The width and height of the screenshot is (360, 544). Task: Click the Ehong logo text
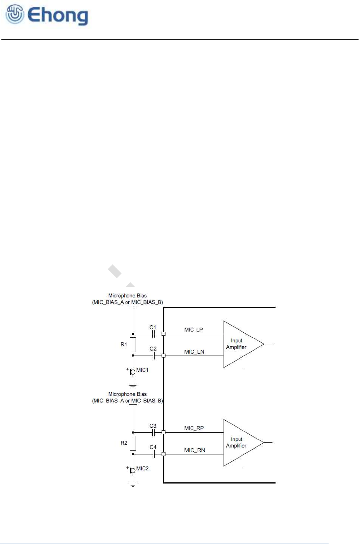tap(58, 16)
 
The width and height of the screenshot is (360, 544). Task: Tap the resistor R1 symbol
tap(133, 344)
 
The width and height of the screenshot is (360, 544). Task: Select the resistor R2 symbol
tap(133, 443)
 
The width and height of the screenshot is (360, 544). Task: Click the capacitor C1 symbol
tap(153, 333)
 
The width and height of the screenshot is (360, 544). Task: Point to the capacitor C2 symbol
tap(153, 355)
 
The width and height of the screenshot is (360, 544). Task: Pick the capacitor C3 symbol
tap(153, 432)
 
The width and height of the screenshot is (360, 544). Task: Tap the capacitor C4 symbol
tap(153, 454)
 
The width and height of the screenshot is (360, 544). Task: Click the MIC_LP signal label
tap(193, 330)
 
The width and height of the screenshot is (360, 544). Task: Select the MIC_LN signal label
tap(194, 352)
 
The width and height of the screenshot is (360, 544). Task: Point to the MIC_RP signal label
tap(194, 428)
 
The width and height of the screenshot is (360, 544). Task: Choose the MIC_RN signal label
tap(195, 450)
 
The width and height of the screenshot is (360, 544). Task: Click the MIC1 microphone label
tap(142, 370)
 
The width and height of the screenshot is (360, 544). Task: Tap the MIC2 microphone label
tap(142, 468)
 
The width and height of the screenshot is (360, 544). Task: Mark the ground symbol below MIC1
tap(133, 386)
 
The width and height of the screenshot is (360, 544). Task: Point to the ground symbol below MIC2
tap(133, 485)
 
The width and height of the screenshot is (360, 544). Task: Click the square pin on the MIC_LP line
tap(164, 333)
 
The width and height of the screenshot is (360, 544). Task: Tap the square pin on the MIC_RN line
tap(164, 454)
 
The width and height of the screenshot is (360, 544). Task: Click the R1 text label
tap(124, 344)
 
